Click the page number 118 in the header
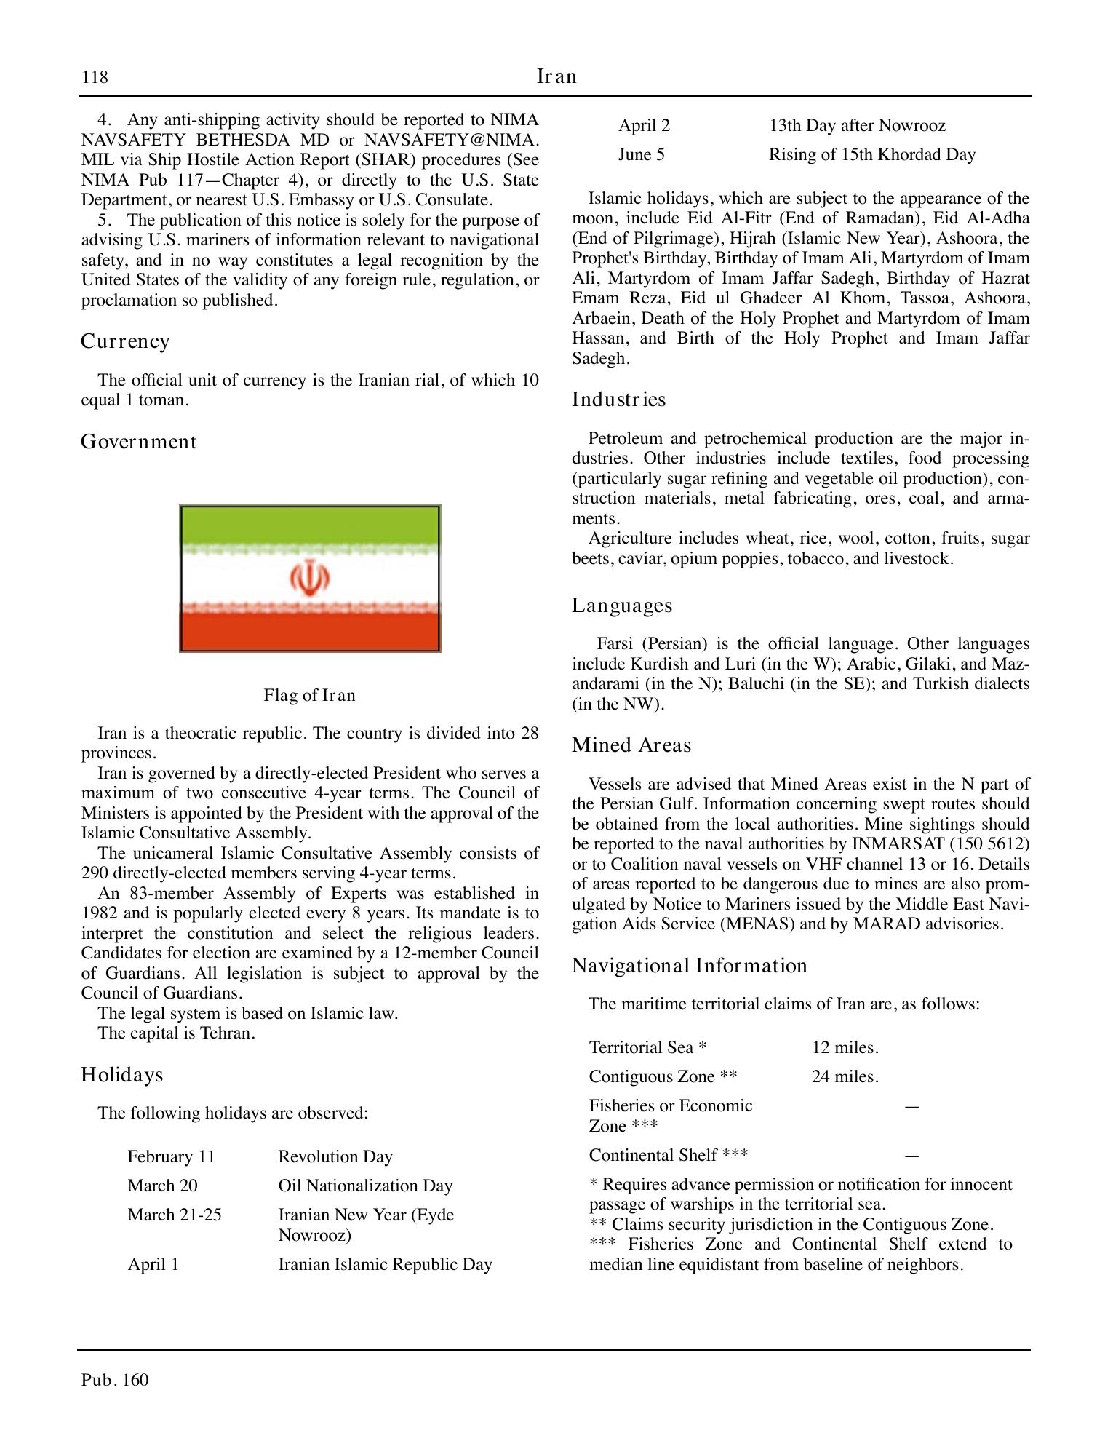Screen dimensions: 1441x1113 95,77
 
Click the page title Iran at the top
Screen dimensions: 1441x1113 556,76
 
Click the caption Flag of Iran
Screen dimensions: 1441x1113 310,695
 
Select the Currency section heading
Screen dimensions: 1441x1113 125,341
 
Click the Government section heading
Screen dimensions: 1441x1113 138,442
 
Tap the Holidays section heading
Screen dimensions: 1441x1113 121,1075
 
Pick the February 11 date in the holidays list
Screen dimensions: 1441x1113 171,1156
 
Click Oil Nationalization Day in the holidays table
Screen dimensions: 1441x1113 365,1186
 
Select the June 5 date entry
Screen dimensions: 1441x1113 641,154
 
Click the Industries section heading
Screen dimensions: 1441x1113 618,400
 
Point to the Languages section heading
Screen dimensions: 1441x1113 622,606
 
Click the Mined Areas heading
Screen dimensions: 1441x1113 631,745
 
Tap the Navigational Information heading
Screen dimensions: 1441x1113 689,966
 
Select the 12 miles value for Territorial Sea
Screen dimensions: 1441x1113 845,1047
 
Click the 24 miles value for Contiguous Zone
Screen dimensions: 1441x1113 845,1076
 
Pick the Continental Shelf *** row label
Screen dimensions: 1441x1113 668,1155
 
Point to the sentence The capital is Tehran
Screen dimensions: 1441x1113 176,1033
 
